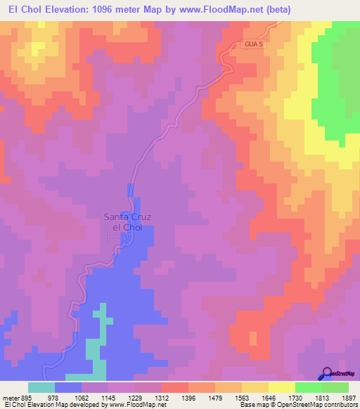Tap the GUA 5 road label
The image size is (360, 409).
(x=255, y=44)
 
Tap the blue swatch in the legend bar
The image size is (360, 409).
(x=68, y=387)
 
